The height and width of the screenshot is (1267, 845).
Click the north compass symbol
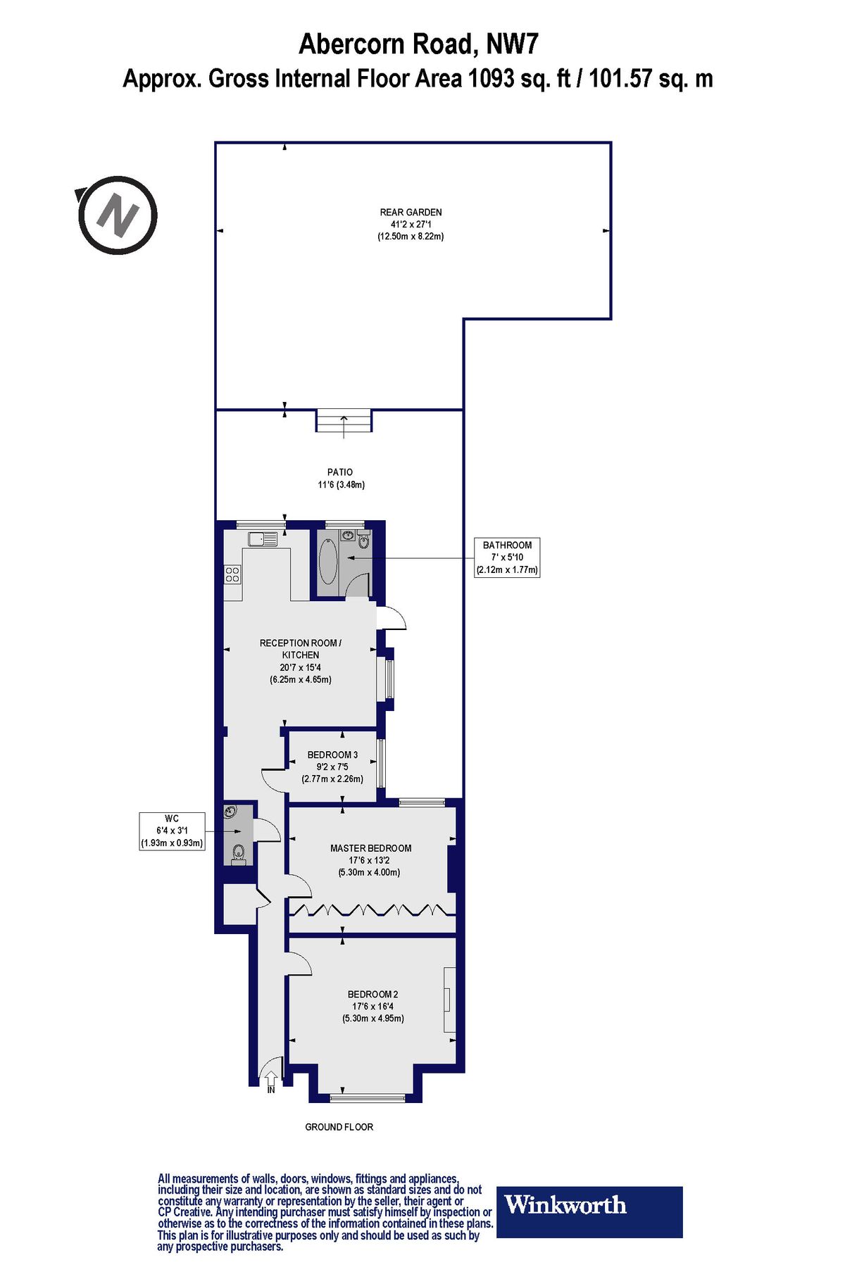click(x=117, y=215)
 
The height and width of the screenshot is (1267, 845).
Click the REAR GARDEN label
click(x=411, y=212)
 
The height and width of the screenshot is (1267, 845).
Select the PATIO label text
click(x=339, y=472)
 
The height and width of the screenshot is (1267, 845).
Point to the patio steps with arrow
click(x=343, y=422)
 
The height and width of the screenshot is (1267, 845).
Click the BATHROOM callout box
click(x=507, y=557)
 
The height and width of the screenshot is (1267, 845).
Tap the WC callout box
click(x=172, y=831)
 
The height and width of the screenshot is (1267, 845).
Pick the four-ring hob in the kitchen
click(x=232, y=574)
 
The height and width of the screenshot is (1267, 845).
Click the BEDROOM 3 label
click(x=332, y=755)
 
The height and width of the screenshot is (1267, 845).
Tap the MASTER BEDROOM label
click(x=370, y=848)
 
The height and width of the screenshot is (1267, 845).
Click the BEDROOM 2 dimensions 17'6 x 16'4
click(x=373, y=1007)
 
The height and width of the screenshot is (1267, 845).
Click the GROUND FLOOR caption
click(x=339, y=1127)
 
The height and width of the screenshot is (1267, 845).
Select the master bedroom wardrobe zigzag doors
click(x=371, y=909)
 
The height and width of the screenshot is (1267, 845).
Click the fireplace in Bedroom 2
click(x=449, y=1000)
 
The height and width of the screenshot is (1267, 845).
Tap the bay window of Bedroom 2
click(x=368, y=1097)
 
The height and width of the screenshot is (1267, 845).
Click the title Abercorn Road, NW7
click(x=418, y=44)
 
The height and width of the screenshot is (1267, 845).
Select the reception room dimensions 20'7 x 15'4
click(x=300, y=667)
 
